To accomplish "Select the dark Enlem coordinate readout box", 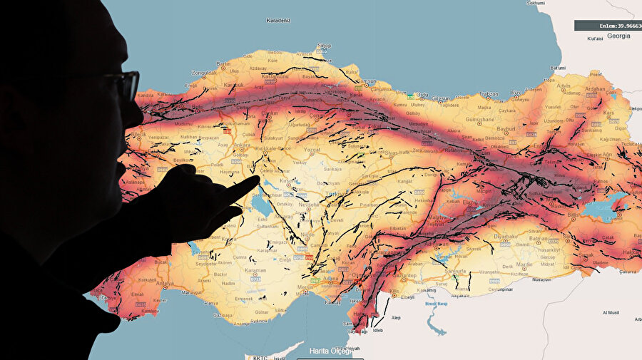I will point(608,25).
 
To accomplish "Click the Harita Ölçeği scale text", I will point(331,350).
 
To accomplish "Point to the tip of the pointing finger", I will point(256,180).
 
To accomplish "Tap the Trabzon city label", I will point(489,93).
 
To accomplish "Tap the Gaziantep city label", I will point(404,274).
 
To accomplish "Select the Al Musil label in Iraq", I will point(613,312).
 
